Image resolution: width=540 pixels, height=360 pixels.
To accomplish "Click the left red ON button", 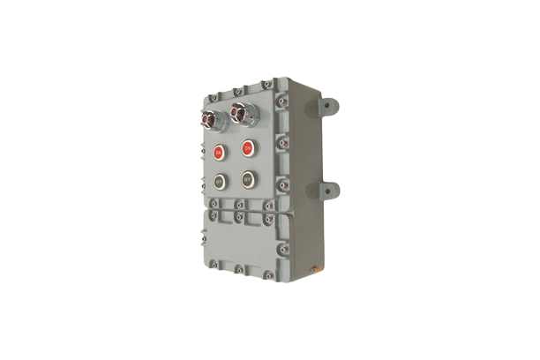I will (x=219, y=152).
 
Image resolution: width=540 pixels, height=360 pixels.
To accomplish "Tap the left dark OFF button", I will (x=219, y=182).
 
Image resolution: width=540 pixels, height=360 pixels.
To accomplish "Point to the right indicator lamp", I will (x=239, y=111).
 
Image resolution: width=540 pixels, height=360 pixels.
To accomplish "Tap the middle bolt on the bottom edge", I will (x=238, y=269).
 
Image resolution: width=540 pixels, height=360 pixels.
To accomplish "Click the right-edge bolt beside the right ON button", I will (x=280, y=141).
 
